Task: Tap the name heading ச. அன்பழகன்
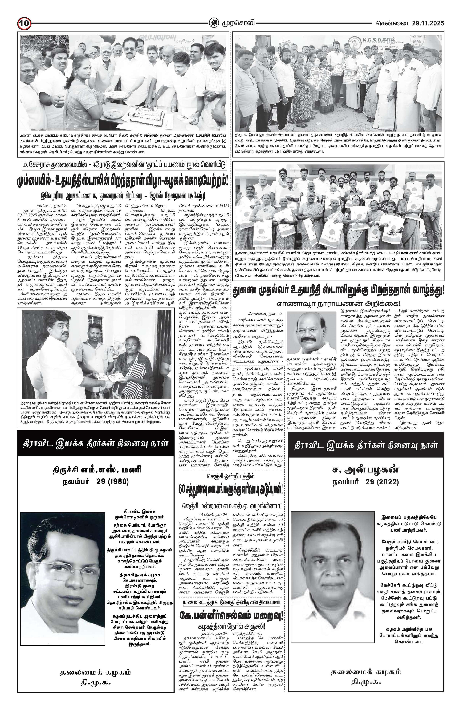(x=365, y=470)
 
